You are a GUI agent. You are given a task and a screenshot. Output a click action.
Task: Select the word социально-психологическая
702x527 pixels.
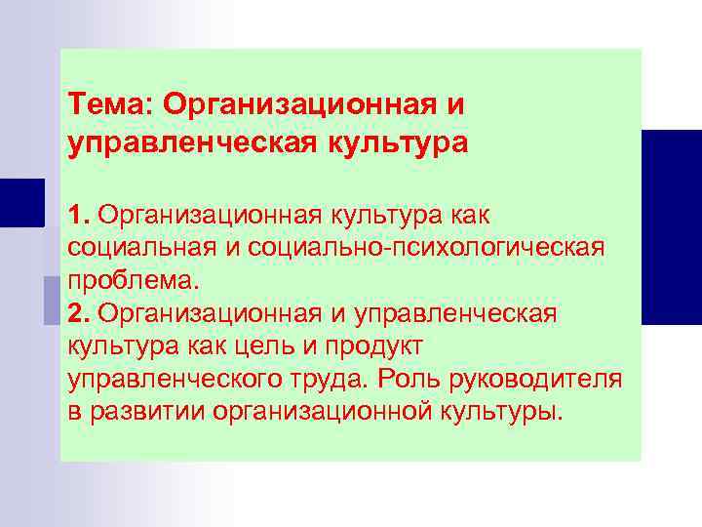click(432, 247)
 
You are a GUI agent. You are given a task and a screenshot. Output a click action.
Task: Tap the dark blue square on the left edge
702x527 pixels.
click(21, 202)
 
